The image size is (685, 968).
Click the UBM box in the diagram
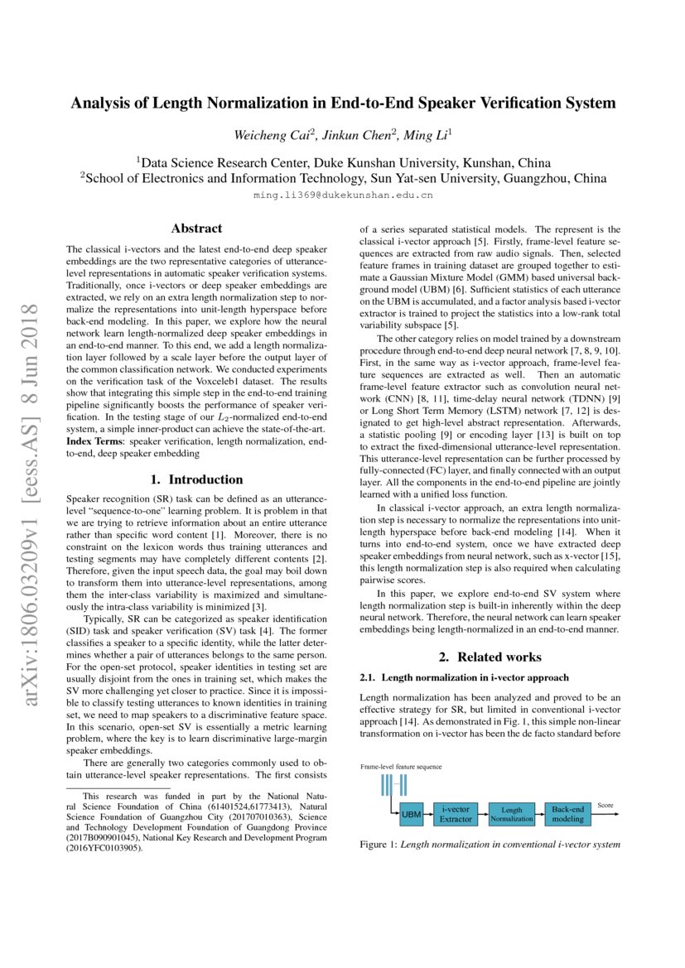pos(412,814)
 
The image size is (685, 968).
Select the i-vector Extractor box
pos(455,813)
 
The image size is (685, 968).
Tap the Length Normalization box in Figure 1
pos(511,813)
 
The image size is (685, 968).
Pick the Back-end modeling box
pos(567,813)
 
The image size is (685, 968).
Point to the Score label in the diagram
pos(605,805)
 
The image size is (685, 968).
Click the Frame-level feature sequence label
pos(401,767)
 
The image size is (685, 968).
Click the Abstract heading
pos(196,228)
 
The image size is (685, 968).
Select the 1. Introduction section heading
pos(196,479)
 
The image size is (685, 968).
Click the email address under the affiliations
pos(343,196)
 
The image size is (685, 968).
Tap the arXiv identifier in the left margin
pos(33,505)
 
